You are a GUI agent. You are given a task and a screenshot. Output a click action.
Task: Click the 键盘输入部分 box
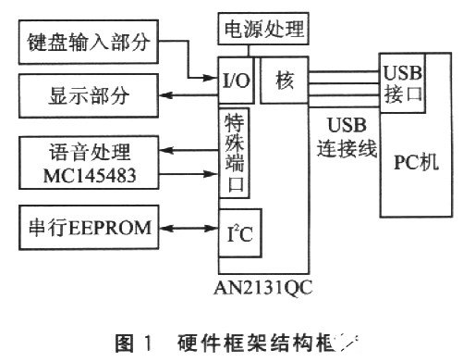pos(87,42)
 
